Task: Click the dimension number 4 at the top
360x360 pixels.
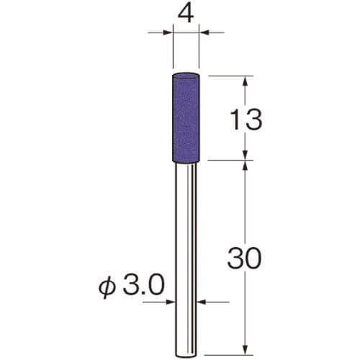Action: pyautogui.click(x=186, y=14)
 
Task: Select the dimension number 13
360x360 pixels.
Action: pyautogui.click(x=246, y=120)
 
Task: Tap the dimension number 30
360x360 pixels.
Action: pyautogui.click(x=244, y=258)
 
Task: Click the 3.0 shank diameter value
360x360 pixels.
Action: pyautogui.click(x=143, y=285)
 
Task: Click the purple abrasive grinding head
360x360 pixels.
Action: pyautogui.click(x=186, y=117)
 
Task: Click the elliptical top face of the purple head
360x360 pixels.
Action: pyautogui.click(x=186, y=76)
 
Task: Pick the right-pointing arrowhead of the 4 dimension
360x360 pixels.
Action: pyautogui.click(x=168, y=32)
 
